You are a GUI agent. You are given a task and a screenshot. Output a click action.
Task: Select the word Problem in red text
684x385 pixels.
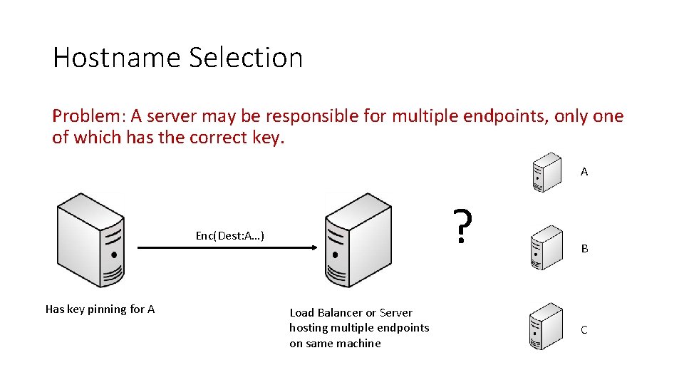79,116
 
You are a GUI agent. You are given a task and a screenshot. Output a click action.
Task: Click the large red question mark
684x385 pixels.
463,226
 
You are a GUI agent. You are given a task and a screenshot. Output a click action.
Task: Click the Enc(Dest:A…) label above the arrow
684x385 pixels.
230,235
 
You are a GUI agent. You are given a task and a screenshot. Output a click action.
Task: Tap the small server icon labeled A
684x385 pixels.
547,172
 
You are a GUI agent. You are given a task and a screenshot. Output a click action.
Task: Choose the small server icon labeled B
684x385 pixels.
547,247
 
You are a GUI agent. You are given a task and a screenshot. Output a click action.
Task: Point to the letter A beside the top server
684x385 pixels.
584,172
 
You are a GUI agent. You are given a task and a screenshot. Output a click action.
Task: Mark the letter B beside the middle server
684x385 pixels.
584,249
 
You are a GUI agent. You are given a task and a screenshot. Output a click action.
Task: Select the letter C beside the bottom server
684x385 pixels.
584,330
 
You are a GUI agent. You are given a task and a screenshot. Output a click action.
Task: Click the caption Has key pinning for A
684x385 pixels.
100,309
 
